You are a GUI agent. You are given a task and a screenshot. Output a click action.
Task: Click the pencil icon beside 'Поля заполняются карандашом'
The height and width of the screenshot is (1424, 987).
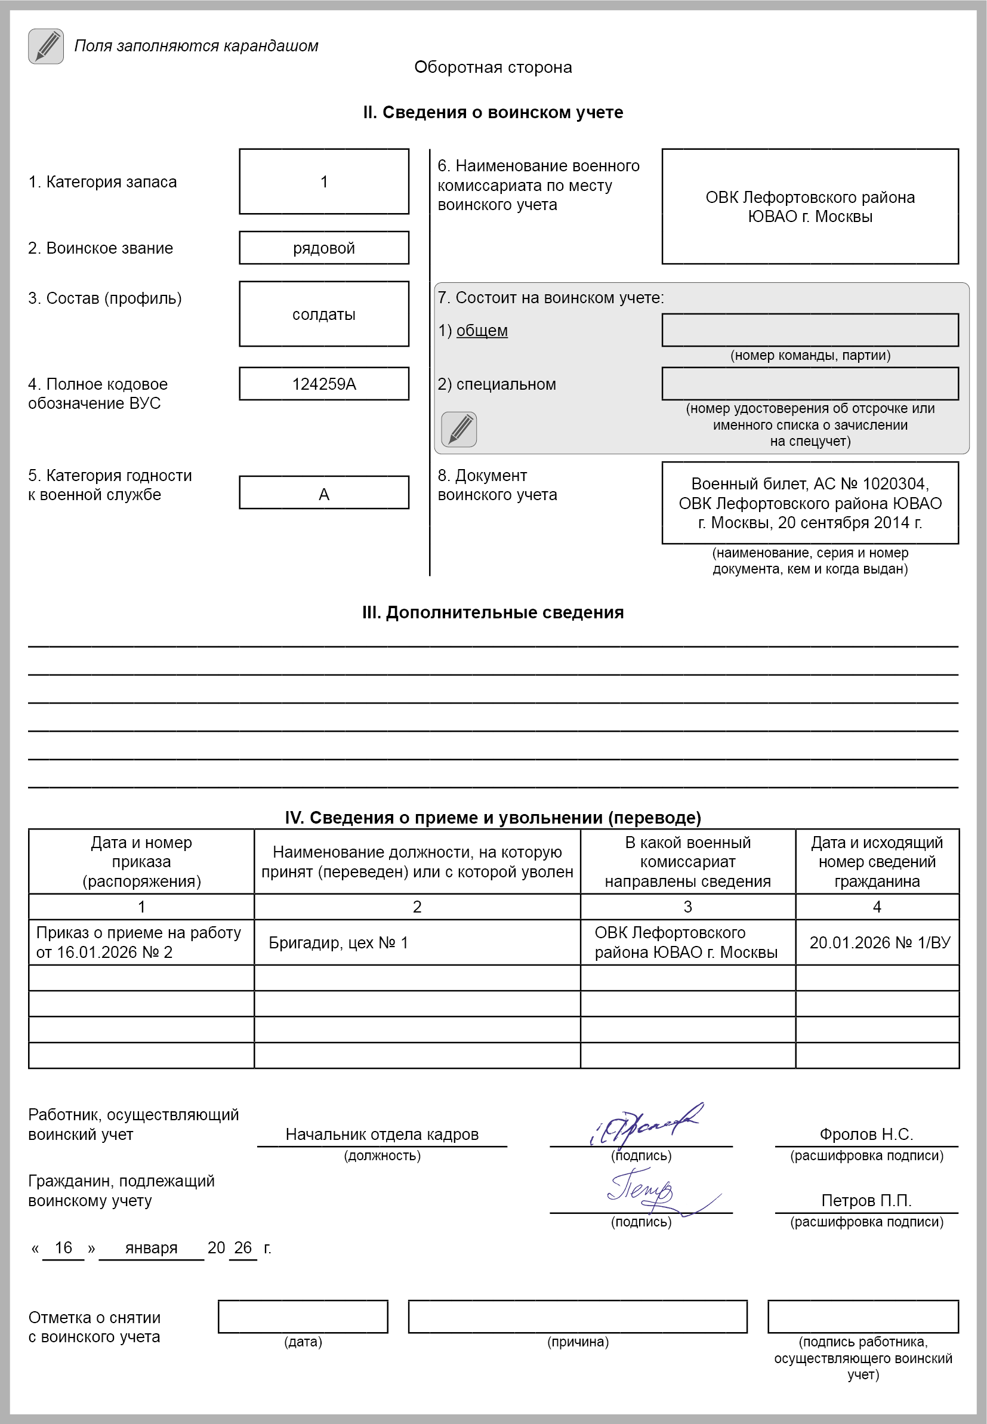pyautogui.click(x=46, y=46)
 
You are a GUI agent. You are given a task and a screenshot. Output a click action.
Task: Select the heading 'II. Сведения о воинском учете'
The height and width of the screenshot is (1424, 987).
pyautogui.click(x=493, y=113)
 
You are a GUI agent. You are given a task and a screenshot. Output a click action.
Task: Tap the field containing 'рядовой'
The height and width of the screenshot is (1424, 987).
pyautogui.click(x=324, y=248)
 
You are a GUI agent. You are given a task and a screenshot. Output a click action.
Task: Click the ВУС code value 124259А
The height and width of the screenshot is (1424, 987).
pyautogui.click(x=324, y=384)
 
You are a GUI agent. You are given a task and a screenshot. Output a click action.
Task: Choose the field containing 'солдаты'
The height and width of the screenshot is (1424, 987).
pyautogui.click(x=324, y=314)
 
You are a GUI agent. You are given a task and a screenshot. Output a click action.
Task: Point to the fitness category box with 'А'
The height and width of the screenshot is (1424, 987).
pyautogui.click(x=324, y=494)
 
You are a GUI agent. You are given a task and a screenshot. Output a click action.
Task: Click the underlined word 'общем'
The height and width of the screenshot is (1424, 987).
pyautogui.click(x=482, y=331)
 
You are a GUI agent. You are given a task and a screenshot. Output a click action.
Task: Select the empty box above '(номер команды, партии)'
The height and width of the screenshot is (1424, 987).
pyautogui.click(x=810, y=330)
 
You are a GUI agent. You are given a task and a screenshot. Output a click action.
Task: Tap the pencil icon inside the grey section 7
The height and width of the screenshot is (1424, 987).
pyautogui.click(x=459, y=429)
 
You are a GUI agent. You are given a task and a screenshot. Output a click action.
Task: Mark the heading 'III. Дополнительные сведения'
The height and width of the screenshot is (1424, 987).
pyautogui.click(x=493, y=613)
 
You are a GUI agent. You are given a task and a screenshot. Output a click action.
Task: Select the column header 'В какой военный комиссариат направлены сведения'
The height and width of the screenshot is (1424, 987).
pyautogui.click(x=687, y=861)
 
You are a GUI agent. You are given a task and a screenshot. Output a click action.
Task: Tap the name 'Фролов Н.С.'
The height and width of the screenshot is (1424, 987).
pyautogui.click(x=866, y=1134)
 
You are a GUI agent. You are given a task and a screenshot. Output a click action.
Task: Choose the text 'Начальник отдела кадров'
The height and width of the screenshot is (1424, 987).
pyautogui.click(x=381, y=1134)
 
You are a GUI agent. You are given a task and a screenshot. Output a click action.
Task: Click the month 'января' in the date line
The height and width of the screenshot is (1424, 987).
pyautogui.click(x=152, y=1248)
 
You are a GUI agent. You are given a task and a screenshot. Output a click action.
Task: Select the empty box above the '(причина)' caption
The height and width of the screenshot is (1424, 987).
pyautogui.click(x=578, y=1317)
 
